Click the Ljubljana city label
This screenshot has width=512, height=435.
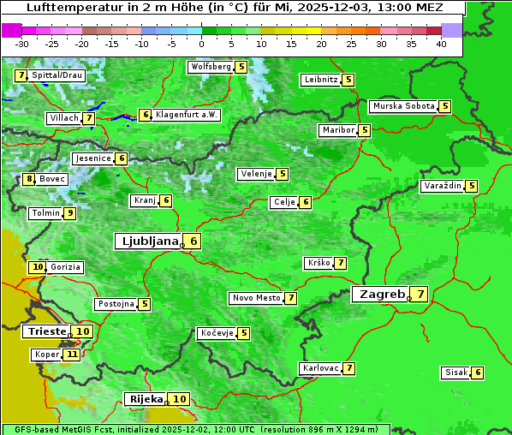[147, 241]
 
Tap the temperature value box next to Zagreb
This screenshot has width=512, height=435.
[420, 295]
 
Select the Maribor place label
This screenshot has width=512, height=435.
[337, 130]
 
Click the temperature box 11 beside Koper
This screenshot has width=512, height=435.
[72, 355]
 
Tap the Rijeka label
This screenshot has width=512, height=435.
[146, 399]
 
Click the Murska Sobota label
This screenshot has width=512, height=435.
[402, 107]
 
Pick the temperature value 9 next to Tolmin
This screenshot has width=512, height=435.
[70, 213]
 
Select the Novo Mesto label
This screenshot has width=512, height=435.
[256, 298]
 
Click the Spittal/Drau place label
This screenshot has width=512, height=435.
[57, 75]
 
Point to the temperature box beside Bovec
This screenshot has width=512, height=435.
[30, 179]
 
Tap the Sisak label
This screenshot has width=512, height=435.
[455, 372]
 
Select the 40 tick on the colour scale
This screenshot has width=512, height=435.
[441, 44]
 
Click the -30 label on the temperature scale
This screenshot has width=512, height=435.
[22, 44]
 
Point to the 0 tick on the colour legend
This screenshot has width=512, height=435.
[201, 44]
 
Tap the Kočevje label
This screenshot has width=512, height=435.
[217, 333]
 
